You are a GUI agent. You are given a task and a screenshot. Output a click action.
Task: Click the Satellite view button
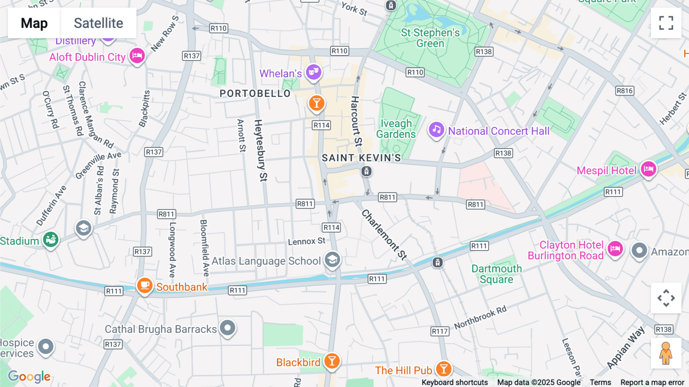point(98,23)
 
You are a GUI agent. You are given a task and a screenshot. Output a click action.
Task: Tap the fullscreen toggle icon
point(666,23)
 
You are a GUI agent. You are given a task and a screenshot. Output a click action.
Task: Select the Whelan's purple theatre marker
point(313,72)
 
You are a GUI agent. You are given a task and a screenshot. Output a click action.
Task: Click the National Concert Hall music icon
point(436,130)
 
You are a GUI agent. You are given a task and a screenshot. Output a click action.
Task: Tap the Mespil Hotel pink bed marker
point(648,169)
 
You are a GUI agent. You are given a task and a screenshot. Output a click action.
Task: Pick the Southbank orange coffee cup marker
point(145,285)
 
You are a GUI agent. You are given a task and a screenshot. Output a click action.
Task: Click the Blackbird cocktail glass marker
point(332,361)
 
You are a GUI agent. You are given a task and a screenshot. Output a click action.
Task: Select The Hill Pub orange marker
point(444,369)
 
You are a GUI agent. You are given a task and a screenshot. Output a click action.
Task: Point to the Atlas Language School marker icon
point(332,260)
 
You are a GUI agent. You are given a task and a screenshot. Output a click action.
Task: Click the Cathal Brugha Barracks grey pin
point(228,328)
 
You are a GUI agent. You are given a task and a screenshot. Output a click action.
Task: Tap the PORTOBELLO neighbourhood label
point(255,93)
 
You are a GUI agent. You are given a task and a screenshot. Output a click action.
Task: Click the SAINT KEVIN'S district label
point(361,158)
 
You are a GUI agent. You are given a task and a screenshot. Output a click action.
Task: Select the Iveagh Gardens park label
point(396,129)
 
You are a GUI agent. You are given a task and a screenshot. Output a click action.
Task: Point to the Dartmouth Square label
point(496,274)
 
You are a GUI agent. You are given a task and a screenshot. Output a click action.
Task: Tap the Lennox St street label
point(306,241)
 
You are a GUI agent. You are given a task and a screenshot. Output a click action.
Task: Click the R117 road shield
point(439,331)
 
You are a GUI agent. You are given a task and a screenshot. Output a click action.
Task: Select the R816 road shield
point(625,91)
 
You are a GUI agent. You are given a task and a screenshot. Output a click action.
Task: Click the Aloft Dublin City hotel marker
point(137,56)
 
